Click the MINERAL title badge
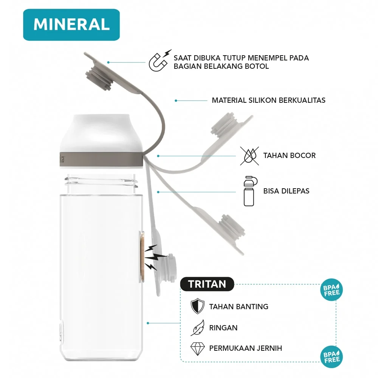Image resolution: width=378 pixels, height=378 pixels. (x=71, y=25)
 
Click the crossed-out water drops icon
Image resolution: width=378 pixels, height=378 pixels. (x=250, y=155)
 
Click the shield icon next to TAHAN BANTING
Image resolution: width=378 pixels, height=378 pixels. (x=197, y=306)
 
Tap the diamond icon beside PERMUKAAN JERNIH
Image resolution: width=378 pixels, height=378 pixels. (x=197, y=349)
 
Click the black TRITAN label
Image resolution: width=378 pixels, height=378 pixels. (x=207, y=284)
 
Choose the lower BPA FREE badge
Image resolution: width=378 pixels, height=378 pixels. (x=332, y=356)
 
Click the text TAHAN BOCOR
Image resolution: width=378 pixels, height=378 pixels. (x=289, y=155)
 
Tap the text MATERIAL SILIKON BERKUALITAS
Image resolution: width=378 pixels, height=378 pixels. (x=268, y=101)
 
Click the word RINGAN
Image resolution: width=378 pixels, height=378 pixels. (x=223, y=328)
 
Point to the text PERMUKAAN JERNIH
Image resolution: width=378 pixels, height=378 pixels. (x=245, y=349)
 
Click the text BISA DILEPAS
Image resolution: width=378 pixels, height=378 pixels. (x=286, y=191)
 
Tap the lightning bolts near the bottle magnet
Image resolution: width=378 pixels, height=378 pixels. (x=153, y=257)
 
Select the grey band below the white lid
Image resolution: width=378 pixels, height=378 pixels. (x=101, y=159)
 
